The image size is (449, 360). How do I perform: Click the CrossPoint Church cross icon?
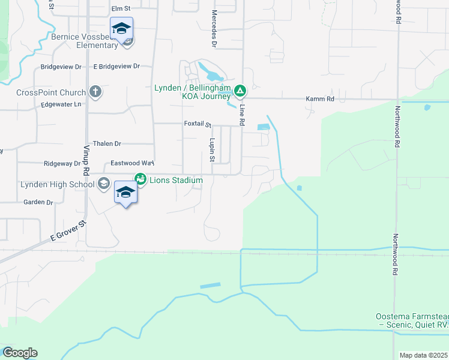tap(95, 92)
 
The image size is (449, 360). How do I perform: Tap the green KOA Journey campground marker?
tap(240, 91)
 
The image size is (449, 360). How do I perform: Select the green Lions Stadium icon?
tap(140, 179)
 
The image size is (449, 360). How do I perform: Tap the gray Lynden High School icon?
tap(103, 184)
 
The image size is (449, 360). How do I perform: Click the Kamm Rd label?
tap(319, 98)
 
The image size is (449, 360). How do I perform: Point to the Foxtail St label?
tap(197, 124)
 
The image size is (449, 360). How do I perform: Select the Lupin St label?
tap(212, 149)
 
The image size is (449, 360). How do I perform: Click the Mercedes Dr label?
tap(214, 28)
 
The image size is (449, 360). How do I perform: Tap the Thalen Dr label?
tap(106, 144)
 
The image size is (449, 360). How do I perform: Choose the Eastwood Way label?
tap(133, 163)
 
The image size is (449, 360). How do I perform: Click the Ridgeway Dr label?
tap(62, 163)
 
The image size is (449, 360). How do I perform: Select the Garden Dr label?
tap(38, 202)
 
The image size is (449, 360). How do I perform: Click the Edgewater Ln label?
tap(61, 104)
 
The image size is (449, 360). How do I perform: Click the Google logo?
tap(20, 353)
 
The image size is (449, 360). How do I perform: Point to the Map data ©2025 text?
tap(423, 355)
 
